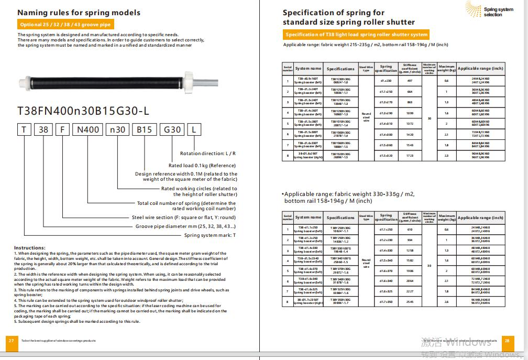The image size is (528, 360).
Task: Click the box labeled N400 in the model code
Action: click(x=87, y=129)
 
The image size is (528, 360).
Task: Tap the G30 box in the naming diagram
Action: click(x=172, y=129)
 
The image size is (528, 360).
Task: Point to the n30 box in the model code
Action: click(x=116, y=129)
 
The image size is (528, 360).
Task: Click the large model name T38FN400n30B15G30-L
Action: click(x=83, y=111)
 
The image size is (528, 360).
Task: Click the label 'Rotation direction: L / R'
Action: click(x=207, y=154)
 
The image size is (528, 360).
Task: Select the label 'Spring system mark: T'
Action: click(x=210, y=235)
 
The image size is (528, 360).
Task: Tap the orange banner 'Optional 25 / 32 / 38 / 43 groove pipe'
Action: click(x=65, y=25)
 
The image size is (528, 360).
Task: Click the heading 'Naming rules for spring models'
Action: click(x=79, y=12)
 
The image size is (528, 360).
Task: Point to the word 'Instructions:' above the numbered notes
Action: click(x=29, y=247)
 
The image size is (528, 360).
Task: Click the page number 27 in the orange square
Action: click(x=11, y=341)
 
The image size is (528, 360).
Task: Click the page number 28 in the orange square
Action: click(x=507, y=341)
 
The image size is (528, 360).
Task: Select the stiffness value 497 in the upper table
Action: click(x=410, y=81)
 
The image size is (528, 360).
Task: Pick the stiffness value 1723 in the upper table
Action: click(x=410, y=156)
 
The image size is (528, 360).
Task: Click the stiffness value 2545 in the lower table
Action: click(x=410, y=302)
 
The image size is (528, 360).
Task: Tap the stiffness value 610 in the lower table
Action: click(x=410, y=230)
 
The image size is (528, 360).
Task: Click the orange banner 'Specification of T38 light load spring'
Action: click(x=356, y=35)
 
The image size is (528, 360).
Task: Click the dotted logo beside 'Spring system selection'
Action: click(x=473, y=9)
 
